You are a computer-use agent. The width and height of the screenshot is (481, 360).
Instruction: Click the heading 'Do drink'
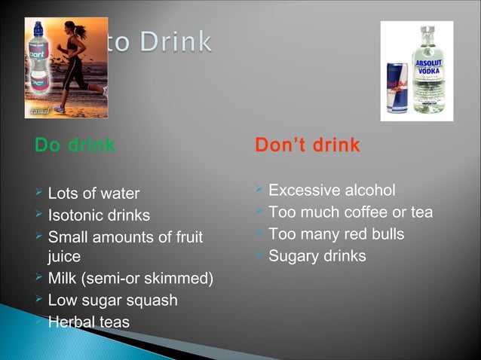(75, 145)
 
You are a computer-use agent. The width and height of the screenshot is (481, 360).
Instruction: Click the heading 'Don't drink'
(307, 145)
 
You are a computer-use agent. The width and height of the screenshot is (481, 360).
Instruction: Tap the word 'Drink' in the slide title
(175, 41)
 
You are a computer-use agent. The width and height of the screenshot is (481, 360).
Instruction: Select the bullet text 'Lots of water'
(93, 194)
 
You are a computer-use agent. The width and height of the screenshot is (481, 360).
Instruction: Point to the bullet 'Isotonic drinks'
(99, 216)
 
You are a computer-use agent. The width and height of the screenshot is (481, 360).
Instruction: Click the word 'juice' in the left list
(64, 257)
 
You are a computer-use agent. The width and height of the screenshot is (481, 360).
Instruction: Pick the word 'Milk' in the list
(62, 279)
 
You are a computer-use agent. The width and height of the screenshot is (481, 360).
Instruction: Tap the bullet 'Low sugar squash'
(112, 301)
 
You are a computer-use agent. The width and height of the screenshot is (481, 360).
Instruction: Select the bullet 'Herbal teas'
(88, 322)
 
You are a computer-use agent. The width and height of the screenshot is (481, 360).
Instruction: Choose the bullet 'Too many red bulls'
(336, 234)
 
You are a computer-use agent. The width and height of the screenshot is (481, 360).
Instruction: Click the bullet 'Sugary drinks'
(317, 256)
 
